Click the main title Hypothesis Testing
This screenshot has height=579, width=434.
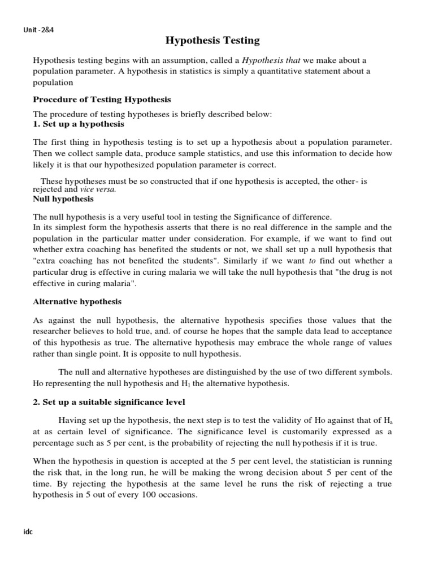tap(212, 40)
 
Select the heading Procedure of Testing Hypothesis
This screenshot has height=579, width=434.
tap(102, 100)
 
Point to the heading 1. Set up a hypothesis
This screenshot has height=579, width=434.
tap(79, 123)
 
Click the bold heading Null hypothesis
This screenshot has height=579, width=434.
tap(63, 199)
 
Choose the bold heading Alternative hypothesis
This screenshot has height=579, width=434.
tap(77, 301)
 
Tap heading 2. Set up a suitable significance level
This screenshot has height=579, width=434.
tap(109, 402)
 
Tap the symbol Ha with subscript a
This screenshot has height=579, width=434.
tap(387, 420)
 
